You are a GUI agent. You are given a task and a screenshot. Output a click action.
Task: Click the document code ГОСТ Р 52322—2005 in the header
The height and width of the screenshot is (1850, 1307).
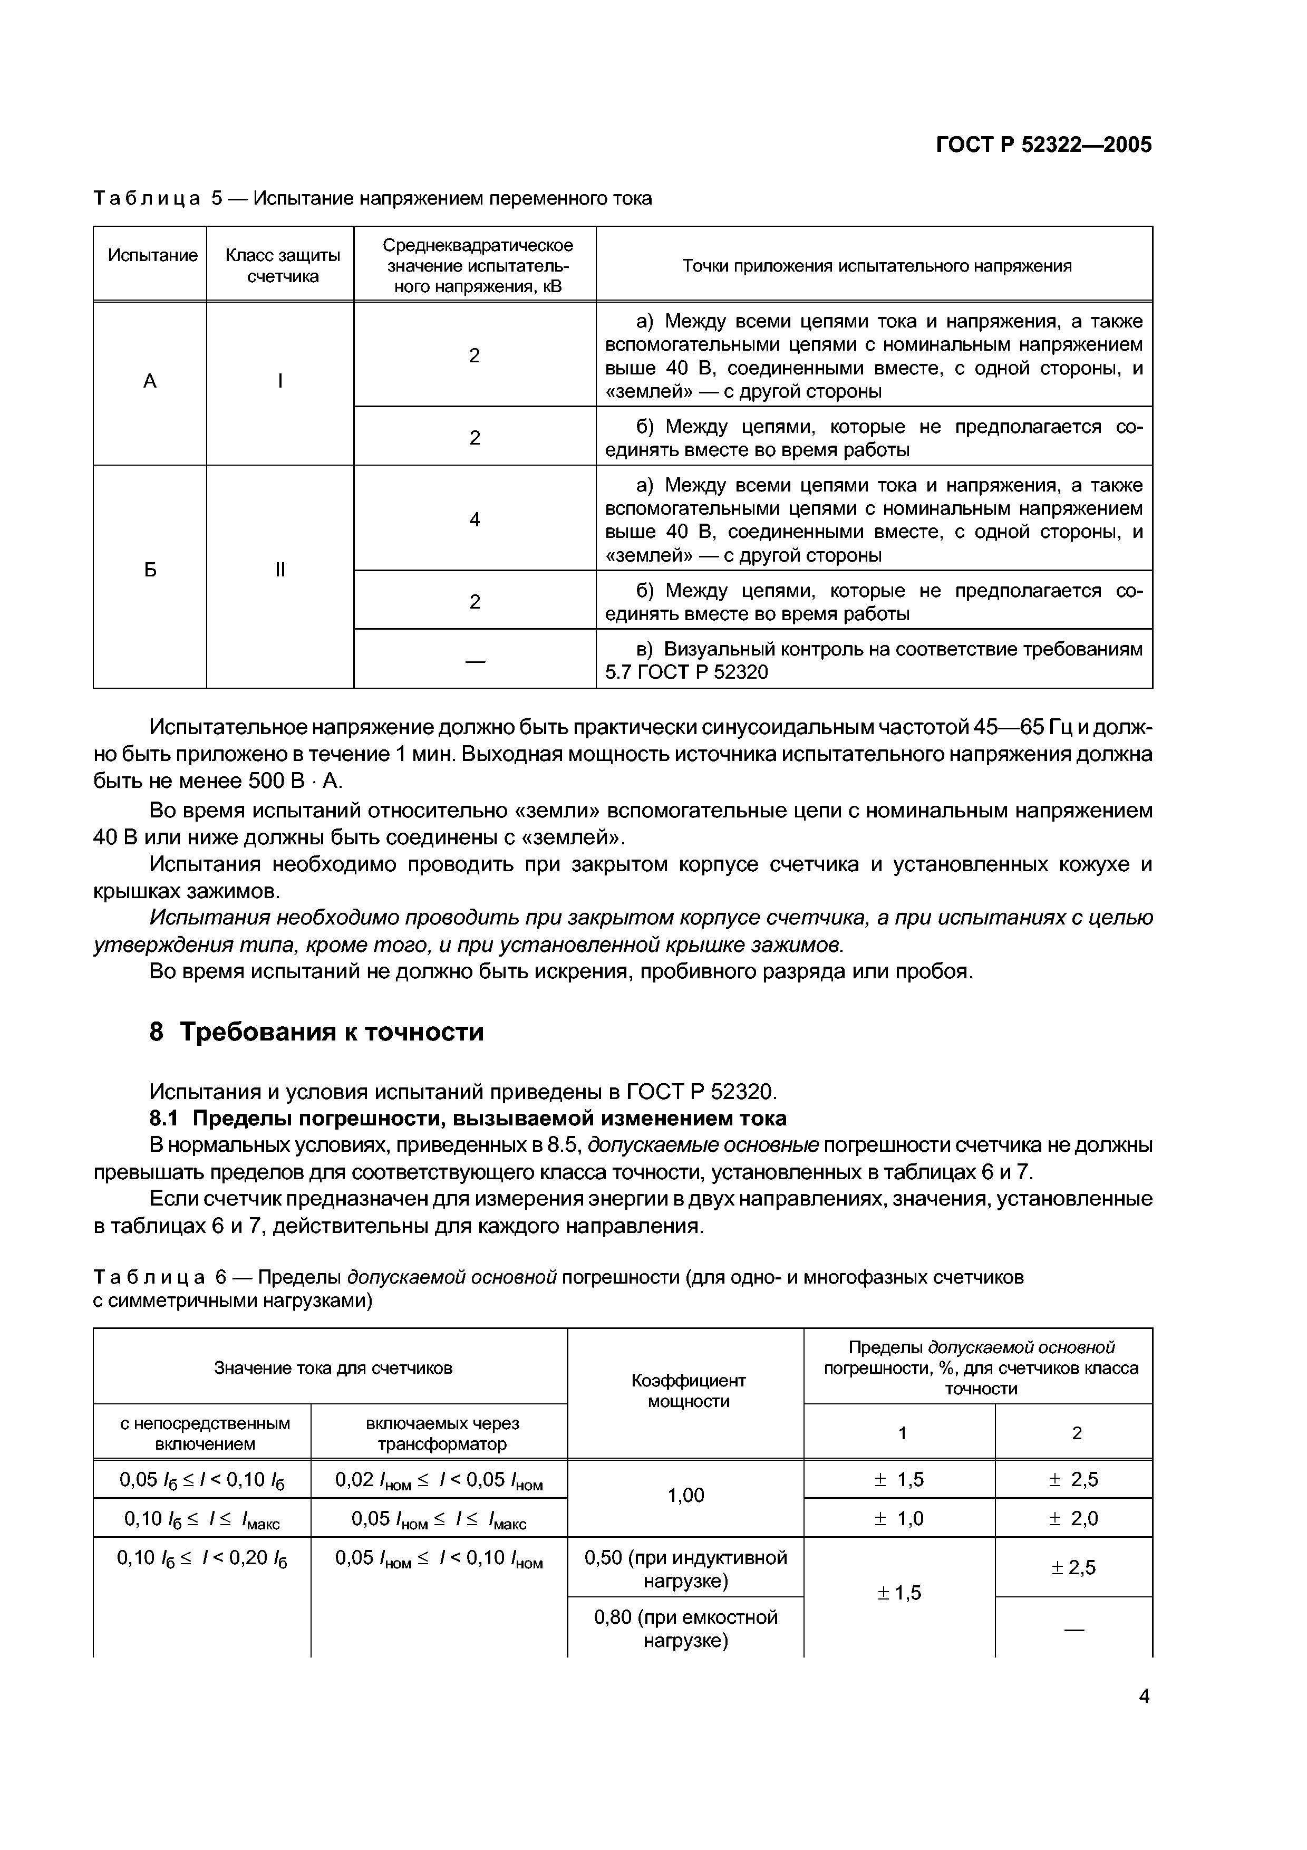tap(1044, 145)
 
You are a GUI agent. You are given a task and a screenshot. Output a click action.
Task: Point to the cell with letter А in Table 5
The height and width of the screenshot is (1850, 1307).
tap(150, 382)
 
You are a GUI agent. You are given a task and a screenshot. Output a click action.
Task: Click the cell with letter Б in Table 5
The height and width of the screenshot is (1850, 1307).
tap(150, 571)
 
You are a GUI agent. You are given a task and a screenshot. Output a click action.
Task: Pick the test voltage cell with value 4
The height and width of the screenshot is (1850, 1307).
tap(475, 519)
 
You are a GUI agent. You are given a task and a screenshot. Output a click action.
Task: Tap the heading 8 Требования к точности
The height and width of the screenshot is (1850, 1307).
tap(316, 1032)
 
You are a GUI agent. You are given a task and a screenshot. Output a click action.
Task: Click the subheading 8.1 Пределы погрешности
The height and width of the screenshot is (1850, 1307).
tap(468, 1119)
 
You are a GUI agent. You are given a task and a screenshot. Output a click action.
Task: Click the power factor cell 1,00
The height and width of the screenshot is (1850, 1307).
tap(685, 1496)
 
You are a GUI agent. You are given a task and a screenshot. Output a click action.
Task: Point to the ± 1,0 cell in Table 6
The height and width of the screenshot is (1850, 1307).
tap(899, 1518)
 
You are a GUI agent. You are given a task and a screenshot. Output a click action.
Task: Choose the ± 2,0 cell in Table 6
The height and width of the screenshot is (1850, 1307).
tap(1073, 1518)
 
